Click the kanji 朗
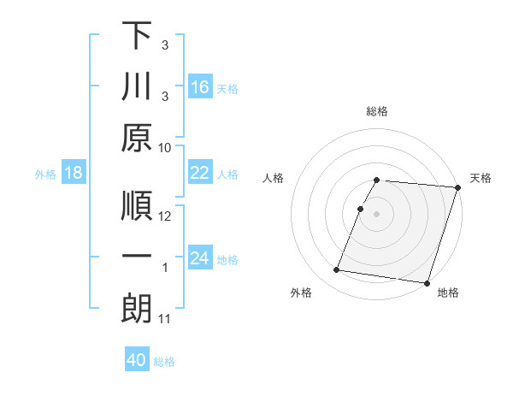[137, 307]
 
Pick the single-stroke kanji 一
[137, 257]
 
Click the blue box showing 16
[199, 86]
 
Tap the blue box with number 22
[199, 173]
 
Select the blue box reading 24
[199, 258]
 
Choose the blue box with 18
[74, 173]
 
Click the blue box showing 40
[137, 360]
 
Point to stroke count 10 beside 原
[165, 147]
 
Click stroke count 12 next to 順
[165, 217]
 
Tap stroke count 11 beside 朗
[165, 319]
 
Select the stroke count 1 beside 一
[166, 268]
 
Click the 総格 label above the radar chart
[377, 111]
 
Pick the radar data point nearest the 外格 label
[337, 270]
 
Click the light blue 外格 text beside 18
[45, 174]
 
